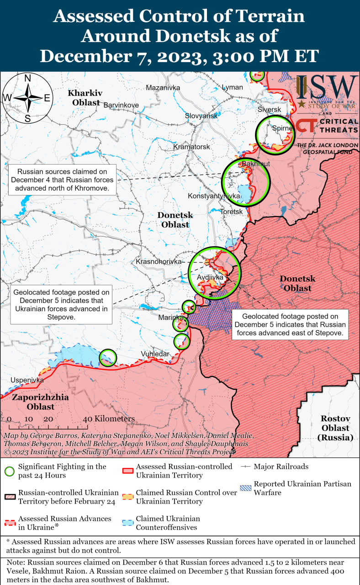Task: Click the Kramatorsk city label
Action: [191, 147]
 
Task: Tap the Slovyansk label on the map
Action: [201, 116]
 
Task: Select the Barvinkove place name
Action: [121, 105]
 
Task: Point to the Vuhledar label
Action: [155, 354]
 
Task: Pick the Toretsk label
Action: [231, 212]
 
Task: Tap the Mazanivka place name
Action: [163, 88]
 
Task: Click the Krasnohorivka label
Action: [158, 262]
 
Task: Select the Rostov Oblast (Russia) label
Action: [335, 428]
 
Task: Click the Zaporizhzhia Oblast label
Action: [40, 402]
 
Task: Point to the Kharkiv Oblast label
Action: [85, 98]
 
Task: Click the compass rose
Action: [27, 98]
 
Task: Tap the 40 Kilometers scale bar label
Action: [109, 419]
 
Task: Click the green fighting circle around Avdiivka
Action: [214, 272]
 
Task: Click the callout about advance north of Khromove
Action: [63, 180]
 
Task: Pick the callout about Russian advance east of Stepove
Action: [290, 324]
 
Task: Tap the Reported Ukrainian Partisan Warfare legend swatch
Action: [246, 488]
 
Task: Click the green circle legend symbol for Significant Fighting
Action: [10, 471]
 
